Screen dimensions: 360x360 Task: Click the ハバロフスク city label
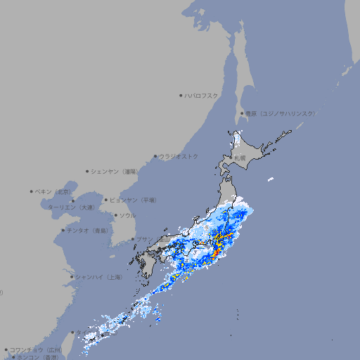202,95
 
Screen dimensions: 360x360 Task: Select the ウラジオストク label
179,156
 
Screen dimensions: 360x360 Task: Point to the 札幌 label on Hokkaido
240,158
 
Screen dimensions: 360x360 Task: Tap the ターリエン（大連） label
71,207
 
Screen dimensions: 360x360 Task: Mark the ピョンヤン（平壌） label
133,200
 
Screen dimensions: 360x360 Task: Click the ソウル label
127,215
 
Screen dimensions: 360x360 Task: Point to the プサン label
143,240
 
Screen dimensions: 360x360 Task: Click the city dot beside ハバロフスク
181,95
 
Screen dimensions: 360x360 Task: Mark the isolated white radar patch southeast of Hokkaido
270,180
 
